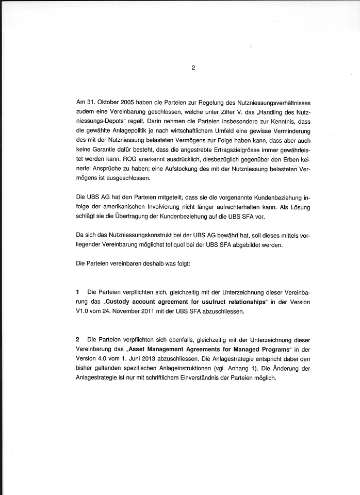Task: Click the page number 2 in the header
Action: tap(192, 67)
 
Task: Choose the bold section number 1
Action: tap(77, 292)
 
